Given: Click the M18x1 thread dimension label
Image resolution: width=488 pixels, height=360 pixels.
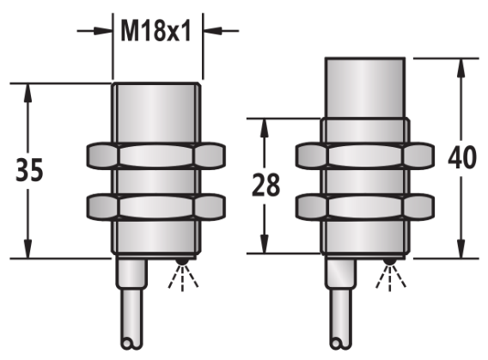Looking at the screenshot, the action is coord(155,31).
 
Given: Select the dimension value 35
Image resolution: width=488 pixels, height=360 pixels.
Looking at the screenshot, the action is coord(29,170).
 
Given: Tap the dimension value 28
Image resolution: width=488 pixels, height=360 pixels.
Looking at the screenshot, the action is coord(265,185).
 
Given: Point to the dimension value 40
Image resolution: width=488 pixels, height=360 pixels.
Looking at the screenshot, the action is coord(462,157).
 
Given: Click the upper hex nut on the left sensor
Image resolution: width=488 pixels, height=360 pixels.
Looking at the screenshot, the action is coord(156,156).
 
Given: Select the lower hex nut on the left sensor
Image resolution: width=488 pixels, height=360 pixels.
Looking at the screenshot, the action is coord(156,207).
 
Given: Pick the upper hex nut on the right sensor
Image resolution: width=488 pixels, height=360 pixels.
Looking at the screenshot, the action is coord(365,156).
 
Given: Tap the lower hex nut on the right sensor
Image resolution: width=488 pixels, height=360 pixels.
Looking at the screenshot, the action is coord(365,207).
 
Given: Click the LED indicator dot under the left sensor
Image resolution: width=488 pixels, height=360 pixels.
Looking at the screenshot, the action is coord(182,262).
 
